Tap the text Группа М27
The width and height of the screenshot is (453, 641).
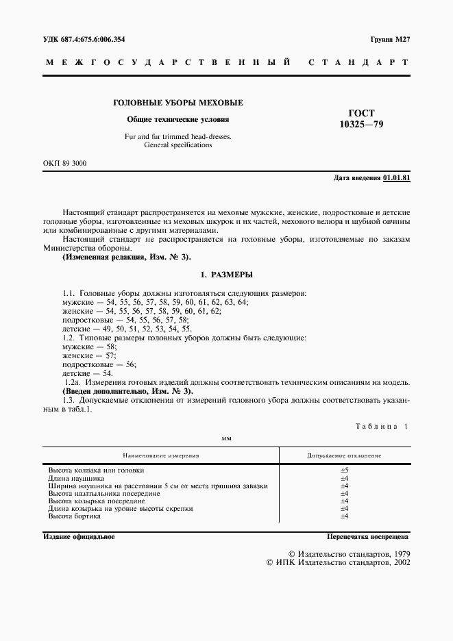pos(389,40)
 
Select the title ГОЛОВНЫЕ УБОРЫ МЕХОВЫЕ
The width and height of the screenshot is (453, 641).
pos(178,103)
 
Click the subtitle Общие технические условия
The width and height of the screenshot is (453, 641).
pos(178,118)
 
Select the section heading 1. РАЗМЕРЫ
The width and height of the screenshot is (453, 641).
pos(226,275)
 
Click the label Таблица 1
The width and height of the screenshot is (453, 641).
pos(381,426)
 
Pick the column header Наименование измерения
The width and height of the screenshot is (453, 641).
pos(162,455)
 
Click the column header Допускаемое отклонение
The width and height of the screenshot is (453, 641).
pos(345,455)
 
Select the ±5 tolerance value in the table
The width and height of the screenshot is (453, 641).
pos(345,470)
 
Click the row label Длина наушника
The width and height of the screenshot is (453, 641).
pos(76,478)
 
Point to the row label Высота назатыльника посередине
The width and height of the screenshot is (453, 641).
pos(104,493)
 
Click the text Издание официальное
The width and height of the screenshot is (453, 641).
pos(79,537)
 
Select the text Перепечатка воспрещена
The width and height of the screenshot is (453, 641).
pos(368,537)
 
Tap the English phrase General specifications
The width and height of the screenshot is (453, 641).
pos(178,145)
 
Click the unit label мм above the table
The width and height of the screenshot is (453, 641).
pos(226,438)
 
